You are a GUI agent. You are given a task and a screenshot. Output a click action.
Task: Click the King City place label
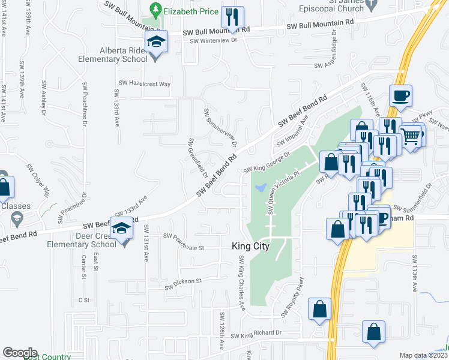pyautogui.click(x=250, y=247)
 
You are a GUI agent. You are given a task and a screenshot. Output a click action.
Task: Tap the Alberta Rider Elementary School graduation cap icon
pyautogui.click(x=157, y=43)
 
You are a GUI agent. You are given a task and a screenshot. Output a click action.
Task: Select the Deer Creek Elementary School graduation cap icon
pyautogui.click(x=122, y=229)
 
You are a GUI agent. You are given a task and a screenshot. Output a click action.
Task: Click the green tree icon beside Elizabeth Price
pyautogui.click(x=155, y=10)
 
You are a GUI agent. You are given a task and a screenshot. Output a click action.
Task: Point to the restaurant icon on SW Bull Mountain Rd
pyautogui.click(x=231, y=17)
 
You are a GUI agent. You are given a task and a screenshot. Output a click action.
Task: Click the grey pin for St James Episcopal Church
pyautogui.click(x=372, y=5)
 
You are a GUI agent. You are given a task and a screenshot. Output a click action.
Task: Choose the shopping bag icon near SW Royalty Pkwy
pyautogui.click(x=320, y=309)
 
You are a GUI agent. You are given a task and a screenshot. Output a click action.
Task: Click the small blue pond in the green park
pyautogui.click(x=260, y=188)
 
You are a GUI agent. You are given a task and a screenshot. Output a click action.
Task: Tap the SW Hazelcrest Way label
pyautogui.click(x=144, y=83)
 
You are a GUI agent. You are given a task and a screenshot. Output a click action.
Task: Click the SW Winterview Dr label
pyautogui.click(x=214, y=41)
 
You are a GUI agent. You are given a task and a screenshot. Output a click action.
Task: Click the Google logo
pyautogui.click(x=19, y=352)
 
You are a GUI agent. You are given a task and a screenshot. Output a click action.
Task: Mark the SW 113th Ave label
pyautogui.click(x=414, y=273)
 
